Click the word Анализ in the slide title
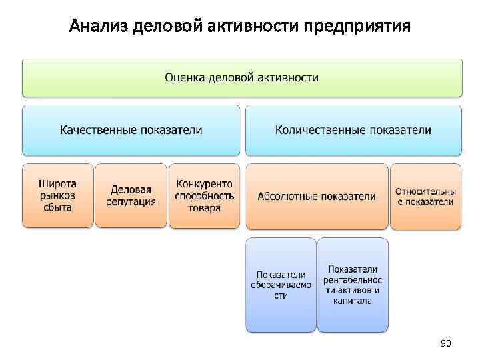tap(99, 27)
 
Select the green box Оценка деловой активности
tap(242, 77)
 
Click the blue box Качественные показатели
tap(131, 130)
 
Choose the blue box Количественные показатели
tap(353, 130)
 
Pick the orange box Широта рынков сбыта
tap(57, 195)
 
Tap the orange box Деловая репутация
tap(131, 195)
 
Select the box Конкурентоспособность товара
tap(204, 195)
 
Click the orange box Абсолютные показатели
tap(317, 196)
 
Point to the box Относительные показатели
tap(425, 196)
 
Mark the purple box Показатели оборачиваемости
tap(281, 285)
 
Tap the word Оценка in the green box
tap(185, 77)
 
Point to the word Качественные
tap(99, 130)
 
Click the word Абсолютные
tap(287, 196)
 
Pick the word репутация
tap(131, 201)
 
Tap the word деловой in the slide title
tap(166, 27)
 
